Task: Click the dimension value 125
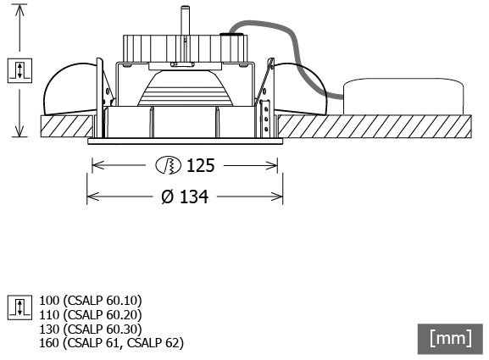201,165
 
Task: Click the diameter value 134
194,197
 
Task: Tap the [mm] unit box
450,339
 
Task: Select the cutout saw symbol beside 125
168,165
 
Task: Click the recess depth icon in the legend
19,307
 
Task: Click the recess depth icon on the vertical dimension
19,70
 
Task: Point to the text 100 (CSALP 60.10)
91,301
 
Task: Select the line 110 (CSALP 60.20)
91,315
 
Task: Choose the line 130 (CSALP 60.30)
91,330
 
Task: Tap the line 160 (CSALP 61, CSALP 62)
111,343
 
